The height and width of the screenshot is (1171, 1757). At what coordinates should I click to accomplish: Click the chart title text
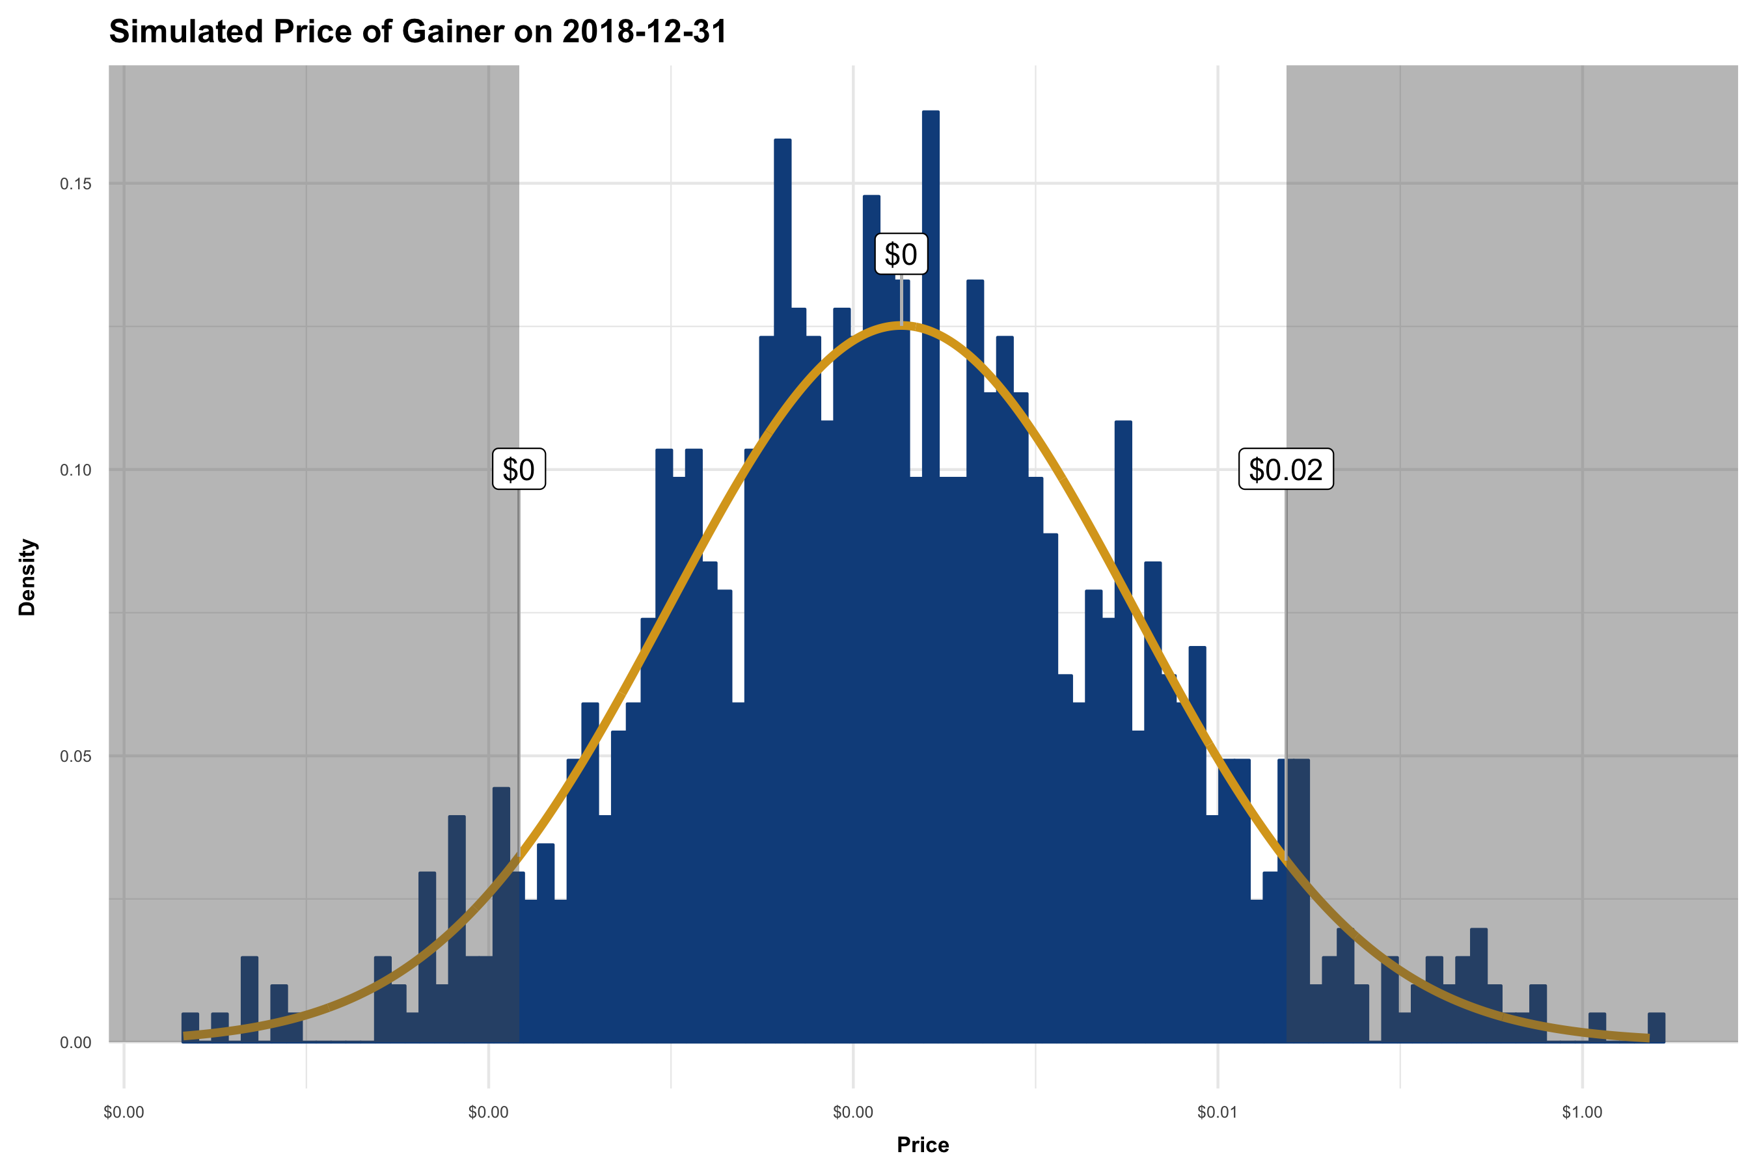[418, 32]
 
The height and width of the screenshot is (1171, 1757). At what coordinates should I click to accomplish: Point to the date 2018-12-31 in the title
[644, 32]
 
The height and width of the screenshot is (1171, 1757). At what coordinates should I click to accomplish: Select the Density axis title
[27, 577]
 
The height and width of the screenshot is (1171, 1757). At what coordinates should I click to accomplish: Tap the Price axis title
[923, 1145]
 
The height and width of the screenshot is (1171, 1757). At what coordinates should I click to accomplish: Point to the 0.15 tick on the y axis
[75, 183]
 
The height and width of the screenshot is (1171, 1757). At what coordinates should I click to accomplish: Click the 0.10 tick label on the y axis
[75, 470]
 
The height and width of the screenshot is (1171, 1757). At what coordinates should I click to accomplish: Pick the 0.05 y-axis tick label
[75, 757]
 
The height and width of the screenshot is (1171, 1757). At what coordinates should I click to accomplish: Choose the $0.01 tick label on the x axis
[1217, 1112]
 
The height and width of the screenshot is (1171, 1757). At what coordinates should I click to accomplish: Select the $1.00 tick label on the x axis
[1581, 1112]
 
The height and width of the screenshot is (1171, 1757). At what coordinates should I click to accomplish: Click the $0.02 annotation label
[1286, 470]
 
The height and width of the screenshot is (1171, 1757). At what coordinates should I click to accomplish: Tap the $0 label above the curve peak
[901, 254]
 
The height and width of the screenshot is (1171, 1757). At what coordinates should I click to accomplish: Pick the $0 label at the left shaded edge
[519, 470]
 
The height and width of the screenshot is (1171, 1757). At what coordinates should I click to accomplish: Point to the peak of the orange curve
[902, 325]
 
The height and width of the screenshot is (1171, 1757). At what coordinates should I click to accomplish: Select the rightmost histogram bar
[1656, 1029]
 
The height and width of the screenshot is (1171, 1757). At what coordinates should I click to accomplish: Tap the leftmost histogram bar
[191, 1029]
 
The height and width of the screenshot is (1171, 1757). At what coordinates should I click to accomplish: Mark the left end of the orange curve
[185, 1036]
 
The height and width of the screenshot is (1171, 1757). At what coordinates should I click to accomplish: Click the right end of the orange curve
[1647, 1038]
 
